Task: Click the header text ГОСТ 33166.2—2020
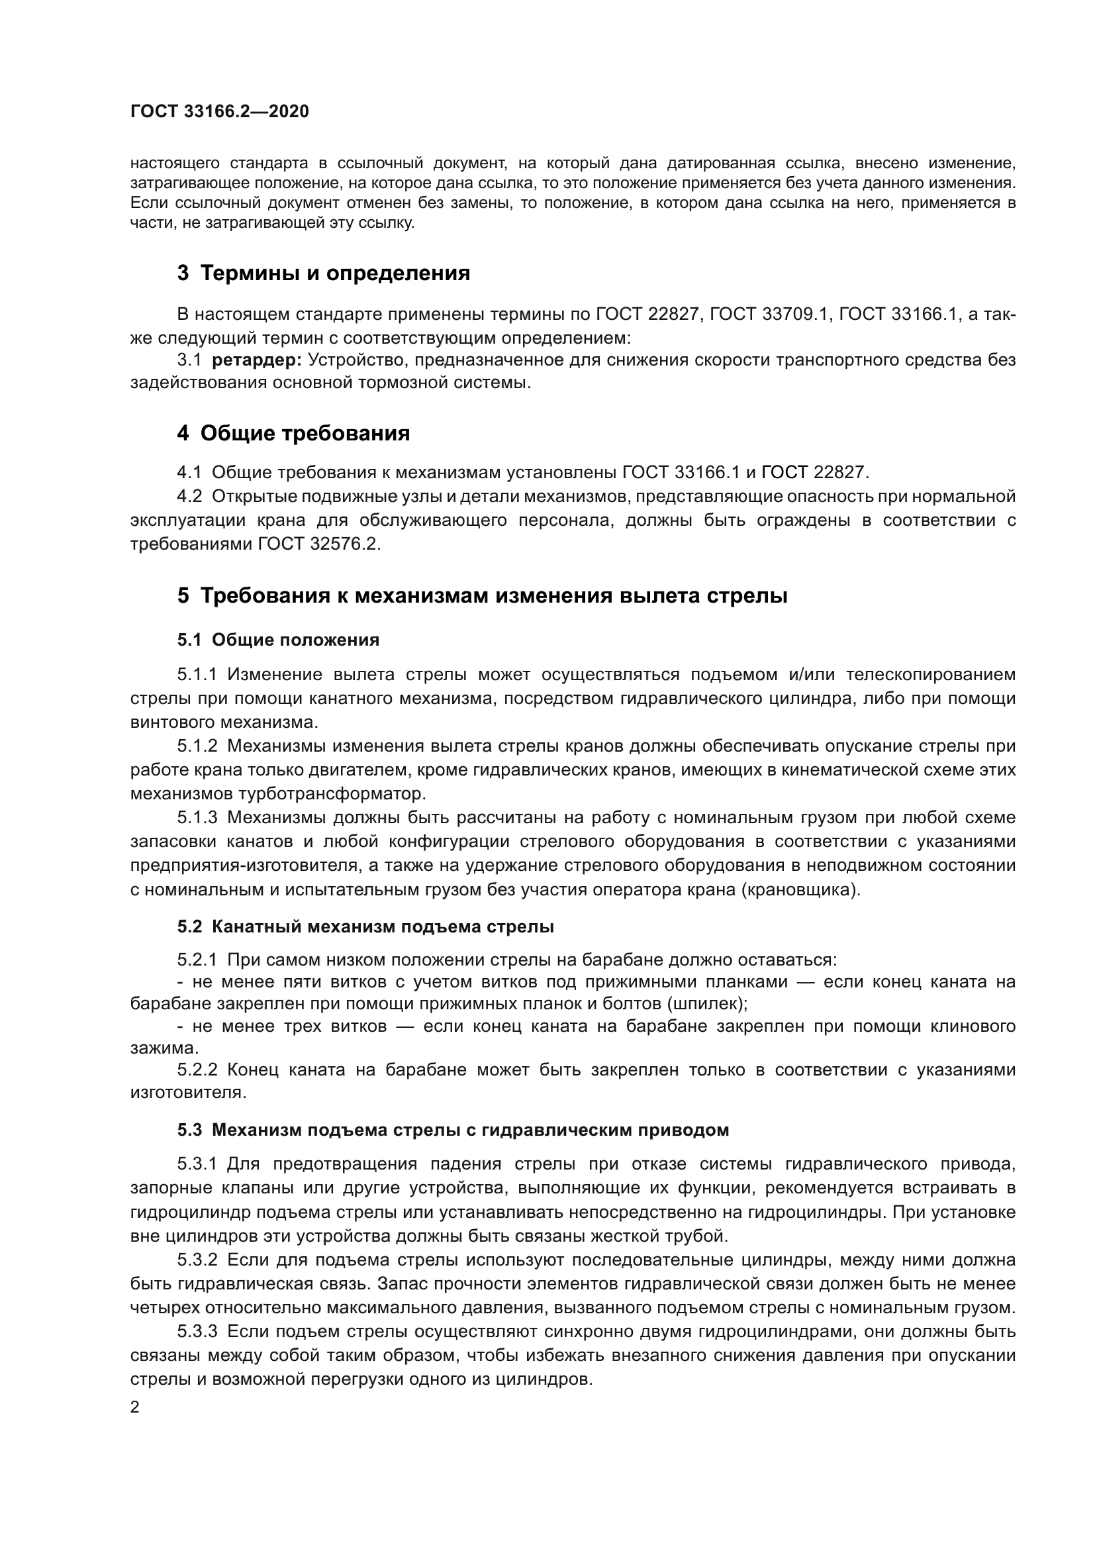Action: (x=219, y=111)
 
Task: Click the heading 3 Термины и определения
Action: (x=323, y=274)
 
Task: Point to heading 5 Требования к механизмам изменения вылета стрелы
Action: (x=482, y=596)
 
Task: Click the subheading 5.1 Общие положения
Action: (x=278, y=640)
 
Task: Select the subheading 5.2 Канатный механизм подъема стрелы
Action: (x=365, y=927)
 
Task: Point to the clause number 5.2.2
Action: (x=197, y=1070)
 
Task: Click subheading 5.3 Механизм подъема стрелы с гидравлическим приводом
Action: (x=453, y=1130)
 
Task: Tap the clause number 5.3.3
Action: (x=197, y=1332)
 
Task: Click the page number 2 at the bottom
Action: (x=135, y=1407)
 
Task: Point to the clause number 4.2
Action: (x=189, y=497)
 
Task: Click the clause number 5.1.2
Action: (x=197, y=746)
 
